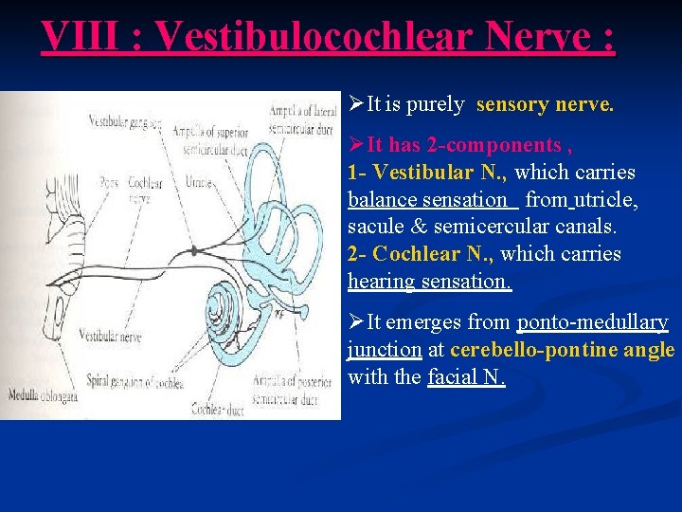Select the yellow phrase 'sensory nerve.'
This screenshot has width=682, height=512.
545,104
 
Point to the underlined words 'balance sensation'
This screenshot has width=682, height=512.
428,200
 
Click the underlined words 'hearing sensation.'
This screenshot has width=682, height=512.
429,282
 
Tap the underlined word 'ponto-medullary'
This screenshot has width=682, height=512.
592,322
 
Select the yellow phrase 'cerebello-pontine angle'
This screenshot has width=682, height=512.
563,350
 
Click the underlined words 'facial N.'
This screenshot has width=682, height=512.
466,377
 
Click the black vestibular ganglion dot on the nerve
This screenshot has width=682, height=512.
194,249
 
